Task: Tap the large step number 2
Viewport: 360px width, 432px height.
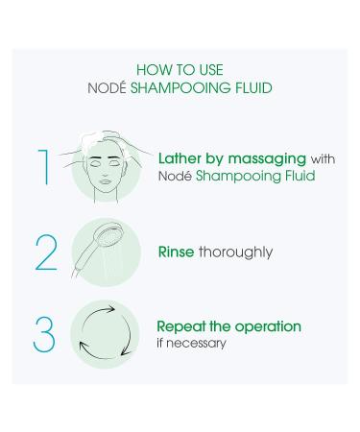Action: click(x=45, y=252)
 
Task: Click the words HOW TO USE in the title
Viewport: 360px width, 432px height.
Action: click(x=180, y=68)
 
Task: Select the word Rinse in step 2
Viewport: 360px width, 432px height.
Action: click(x=179, y=252)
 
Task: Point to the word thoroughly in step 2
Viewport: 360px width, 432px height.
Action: click(x=237, y=253)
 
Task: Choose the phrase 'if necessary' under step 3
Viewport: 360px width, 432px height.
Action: click(x=193, y=343)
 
